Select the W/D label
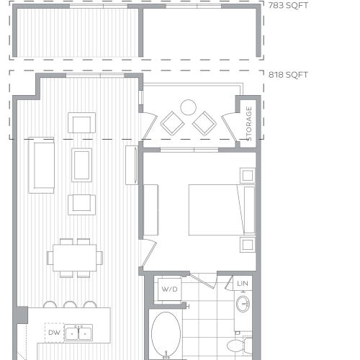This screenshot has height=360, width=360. (169, 289)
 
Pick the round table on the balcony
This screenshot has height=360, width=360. (188, 108)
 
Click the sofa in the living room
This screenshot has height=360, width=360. (41, 165)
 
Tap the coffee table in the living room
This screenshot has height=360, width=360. (81, 164)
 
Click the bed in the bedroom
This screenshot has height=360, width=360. (220, 210)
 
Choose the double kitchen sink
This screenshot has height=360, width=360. (78, 333)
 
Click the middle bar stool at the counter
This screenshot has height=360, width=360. (69, 305)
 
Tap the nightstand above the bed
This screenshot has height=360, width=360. (247, 175)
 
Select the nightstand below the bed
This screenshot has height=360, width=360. (247, 244)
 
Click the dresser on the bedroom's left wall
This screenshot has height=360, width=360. (150, 210)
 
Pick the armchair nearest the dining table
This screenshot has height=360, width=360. (81, 204)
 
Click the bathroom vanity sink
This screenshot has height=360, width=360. (243, 305)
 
